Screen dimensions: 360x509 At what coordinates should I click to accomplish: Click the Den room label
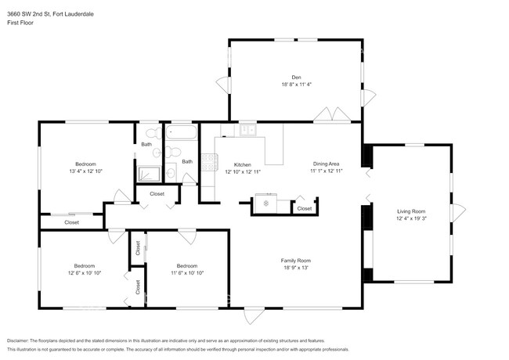(296, 77)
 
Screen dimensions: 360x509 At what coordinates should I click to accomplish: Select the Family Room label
(296, 261)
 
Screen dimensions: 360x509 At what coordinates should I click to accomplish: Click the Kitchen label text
(242, 165)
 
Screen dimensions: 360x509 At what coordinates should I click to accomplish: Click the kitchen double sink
(248, 129)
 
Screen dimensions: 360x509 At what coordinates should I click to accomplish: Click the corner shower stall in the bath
(149, 174)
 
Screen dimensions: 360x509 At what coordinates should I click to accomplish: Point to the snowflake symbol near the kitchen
(265, 203)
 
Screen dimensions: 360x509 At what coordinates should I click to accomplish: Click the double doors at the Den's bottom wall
(333, 116)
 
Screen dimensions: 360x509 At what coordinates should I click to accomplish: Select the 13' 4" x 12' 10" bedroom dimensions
(86, 171)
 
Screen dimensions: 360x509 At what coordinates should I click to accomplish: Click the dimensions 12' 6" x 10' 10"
(85, 273)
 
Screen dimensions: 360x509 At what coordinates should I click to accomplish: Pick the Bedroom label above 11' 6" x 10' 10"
(187, 265)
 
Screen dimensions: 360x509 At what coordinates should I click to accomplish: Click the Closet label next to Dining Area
(304, 208)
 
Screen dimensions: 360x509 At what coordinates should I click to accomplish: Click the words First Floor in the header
(19, 16)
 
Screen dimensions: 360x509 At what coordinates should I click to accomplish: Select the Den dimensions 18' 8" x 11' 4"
(296, 85)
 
